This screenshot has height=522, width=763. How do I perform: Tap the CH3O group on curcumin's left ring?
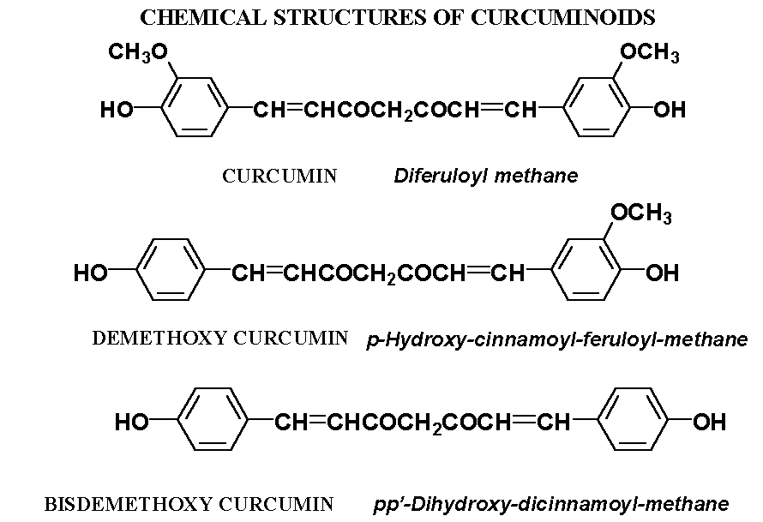[x=137, y=55]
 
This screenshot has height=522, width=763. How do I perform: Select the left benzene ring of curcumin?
[x=195, y=109]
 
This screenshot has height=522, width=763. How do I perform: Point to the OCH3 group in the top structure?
[x=649, y=55]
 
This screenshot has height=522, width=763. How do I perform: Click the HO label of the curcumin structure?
[x=117, y=111]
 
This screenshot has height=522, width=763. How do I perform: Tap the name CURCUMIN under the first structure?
[x=279, y=177]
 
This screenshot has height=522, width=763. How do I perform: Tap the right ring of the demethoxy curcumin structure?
[x=586, y=273]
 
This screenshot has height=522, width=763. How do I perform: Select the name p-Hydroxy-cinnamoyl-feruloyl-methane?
[x=557, y=339]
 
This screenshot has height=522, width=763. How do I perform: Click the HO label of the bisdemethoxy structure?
[x=132, y=423]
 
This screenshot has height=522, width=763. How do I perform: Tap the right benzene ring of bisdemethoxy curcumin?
[x=634, y=421]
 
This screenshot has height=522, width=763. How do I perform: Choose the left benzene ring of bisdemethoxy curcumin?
[x=213, y=421]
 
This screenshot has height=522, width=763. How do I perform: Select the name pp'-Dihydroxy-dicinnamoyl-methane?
[x=551, y=504]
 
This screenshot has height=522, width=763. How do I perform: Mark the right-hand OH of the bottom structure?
[x=709, y=423]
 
